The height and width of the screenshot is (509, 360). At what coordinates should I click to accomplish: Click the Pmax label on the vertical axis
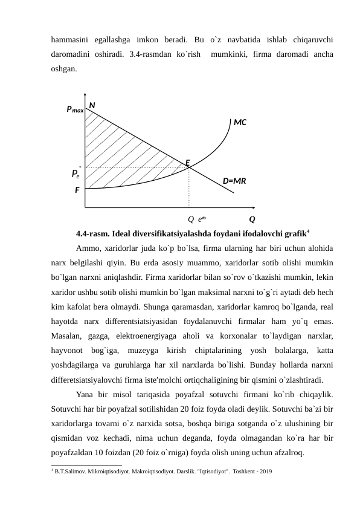[x=75, y=109]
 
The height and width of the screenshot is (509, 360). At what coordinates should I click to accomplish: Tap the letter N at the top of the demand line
[x=92, y=105]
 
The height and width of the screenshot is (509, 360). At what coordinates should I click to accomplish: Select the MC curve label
[x=240, y=122]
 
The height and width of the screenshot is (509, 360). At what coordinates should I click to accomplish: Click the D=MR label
[x=234, y=180]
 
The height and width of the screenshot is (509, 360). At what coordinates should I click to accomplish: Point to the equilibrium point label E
[x=188, y=163]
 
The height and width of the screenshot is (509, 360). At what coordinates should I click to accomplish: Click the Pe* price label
[x=76, y=174]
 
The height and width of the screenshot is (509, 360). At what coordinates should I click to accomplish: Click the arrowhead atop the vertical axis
[x=85, y=96]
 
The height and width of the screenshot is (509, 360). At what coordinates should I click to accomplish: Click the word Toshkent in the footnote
[x=239, y=470]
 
